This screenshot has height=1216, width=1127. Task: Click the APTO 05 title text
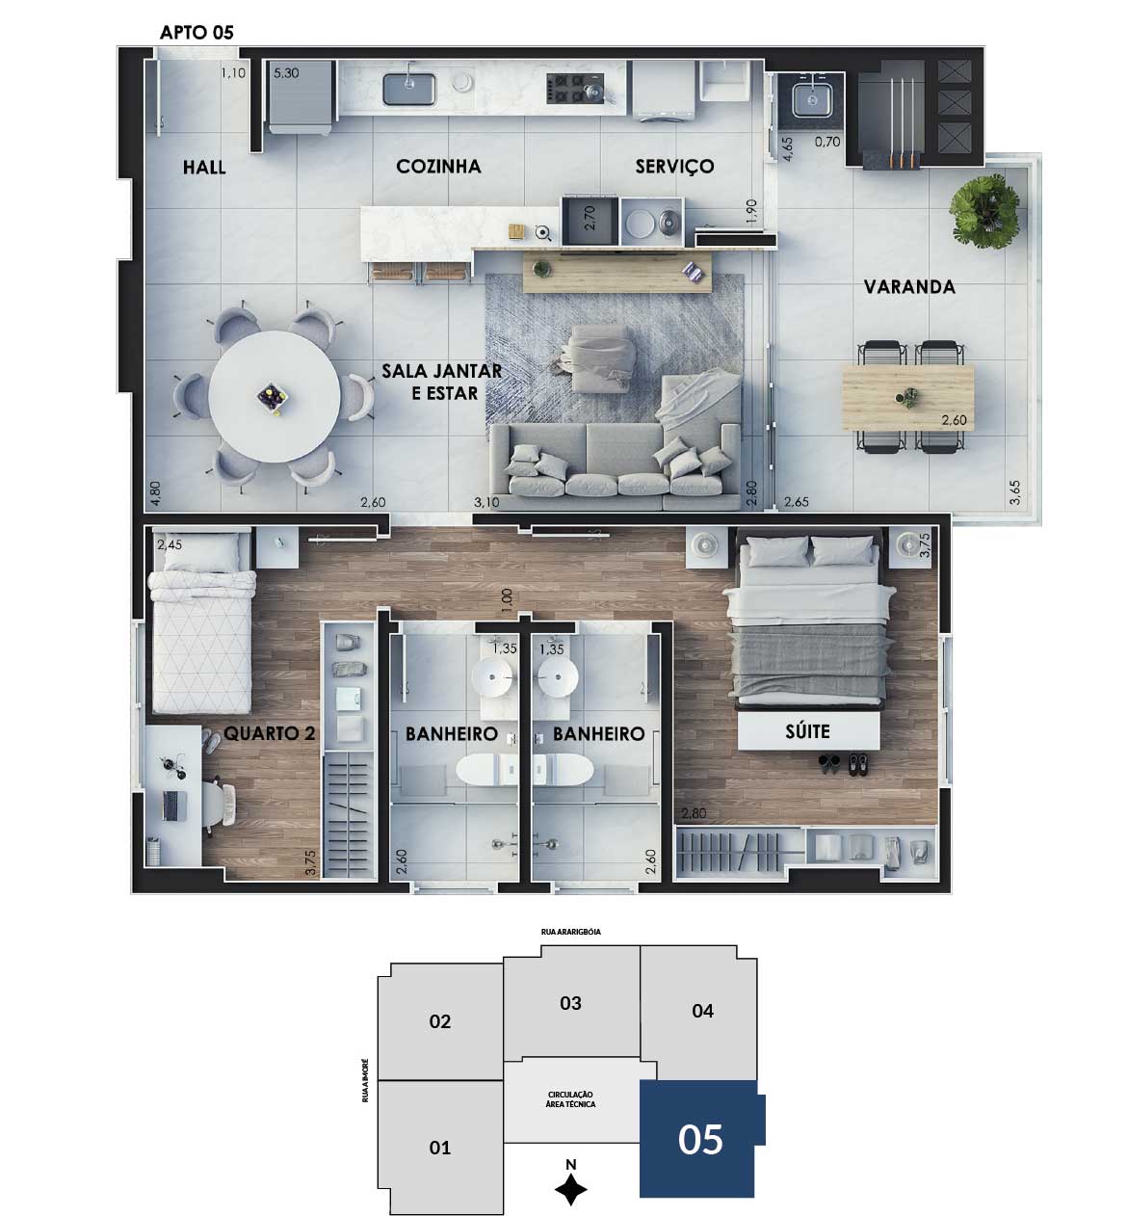pyautogui.click(x=197, y=33)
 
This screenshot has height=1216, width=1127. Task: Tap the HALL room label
pyautogui.click(x=204, y=167)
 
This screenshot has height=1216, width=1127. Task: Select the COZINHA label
pyautogui.click(x=438, y=167)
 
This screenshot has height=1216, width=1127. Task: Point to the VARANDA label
pyautogui.click(x=909, y=286)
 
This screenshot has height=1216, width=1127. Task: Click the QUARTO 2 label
pyautogui.click(x=270, y=733)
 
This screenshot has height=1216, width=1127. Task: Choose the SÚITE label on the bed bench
pyautogui.click(x=807, y=731)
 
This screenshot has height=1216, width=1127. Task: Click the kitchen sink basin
pyautogui.click(x=409, y=90)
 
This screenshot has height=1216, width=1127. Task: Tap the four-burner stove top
pyautogui.click(x=575, y=88)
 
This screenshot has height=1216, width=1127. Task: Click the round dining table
pyautogui.click(x=275, y=397)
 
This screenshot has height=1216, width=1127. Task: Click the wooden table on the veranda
pyautogui.click(x=907, y=397)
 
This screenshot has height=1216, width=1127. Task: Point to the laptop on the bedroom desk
pyautogui.click(x=174, y=806)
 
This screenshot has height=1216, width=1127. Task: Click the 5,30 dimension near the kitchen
pyautogui.click(x=286, y=73)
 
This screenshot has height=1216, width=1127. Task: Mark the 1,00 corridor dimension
pyautogui.click(x=507, y=601)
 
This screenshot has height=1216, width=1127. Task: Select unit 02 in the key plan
pyautogui.click(x=440, y=1021)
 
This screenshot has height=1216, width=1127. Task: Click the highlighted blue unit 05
pyautogui.click(x=700, y=1138)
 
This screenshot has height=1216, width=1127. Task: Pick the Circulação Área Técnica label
pyautogui.click(x=570, y=1099)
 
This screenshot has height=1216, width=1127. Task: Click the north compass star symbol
pyautogui.click(x=570, y=1189)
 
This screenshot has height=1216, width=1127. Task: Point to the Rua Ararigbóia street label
pyautogui.click(x=570, y=932)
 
